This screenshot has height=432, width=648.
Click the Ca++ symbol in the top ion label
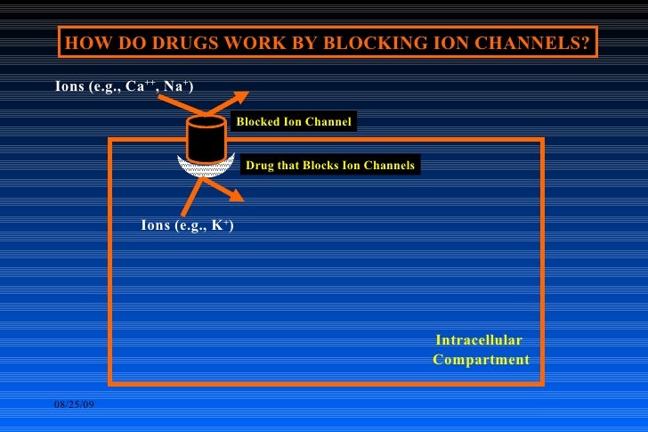pyautogui.click(x=142, y=86)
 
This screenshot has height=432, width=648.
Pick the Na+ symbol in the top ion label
pyautogui.click(x=176, y=86)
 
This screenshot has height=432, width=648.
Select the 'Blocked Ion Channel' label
pyautogui.click(x=294, y=121)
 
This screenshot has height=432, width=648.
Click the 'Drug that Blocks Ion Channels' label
pyautogui.click(x=330, y=166)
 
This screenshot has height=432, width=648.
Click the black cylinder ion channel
pyautogui.click(x=206, y=141)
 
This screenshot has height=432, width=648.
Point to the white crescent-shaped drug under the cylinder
pyautogui.click(x=206, y=168)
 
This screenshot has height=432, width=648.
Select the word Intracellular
pyautogui.click(x=478, y=340)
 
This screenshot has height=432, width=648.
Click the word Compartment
pyautogui.click(x=481, y=360)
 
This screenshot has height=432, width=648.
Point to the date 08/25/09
pyautogui.click(x=75, y=406)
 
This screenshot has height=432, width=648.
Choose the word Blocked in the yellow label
pyautogui.click(x=257, y=121)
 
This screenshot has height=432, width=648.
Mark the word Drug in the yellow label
pyautogui.click(x=259, y=166)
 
